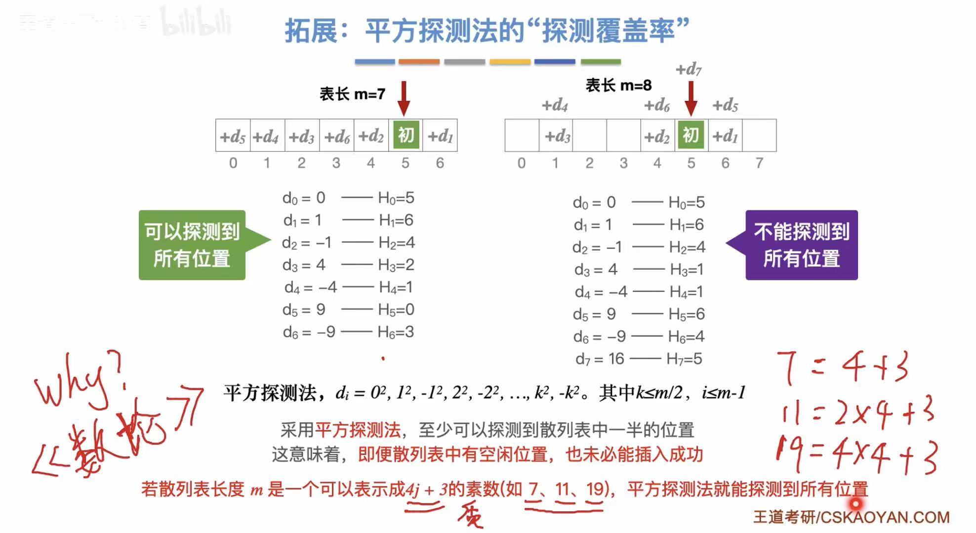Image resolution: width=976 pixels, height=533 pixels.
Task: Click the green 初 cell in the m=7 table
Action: [406, 135]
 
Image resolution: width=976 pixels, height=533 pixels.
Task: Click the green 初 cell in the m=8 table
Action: [691, 135]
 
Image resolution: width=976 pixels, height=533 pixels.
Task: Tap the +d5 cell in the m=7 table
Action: [233, 136]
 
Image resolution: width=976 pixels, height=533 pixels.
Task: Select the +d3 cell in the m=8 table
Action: [557, 136]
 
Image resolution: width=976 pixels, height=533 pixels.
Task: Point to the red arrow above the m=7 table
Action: [404, 98]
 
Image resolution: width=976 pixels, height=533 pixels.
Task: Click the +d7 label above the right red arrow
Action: [688, 69]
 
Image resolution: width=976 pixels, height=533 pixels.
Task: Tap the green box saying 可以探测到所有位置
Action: [192, 245]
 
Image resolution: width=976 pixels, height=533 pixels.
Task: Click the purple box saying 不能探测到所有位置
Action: [801, 245]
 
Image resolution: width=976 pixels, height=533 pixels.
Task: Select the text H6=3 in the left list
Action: [396, 332]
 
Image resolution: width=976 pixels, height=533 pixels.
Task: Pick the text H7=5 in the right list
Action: [684, 359]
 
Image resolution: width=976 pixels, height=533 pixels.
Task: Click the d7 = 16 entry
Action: [600, 359]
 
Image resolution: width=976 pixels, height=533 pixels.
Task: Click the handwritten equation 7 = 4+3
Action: [842, 368]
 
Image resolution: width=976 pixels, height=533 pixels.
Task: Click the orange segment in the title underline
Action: [419, 62]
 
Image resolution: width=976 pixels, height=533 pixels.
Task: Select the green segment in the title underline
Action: [601, 62]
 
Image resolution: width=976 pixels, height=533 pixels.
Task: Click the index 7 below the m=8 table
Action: [759, 163]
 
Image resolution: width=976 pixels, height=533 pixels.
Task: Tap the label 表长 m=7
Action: [352, 94]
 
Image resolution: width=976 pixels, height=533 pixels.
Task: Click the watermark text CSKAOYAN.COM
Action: [885, 517]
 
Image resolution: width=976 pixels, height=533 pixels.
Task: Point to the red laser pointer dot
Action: [855, 504]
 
